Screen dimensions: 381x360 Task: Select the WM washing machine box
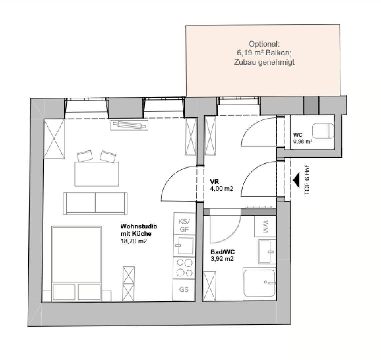tap(265, 226)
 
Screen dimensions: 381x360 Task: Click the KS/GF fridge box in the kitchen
tap(184, 224)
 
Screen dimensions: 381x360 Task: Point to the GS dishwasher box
tap(184, 290)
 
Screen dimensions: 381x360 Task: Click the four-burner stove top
tap(184, 268)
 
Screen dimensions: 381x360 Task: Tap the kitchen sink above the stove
tap(184, 246)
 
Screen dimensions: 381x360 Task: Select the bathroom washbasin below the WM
tap(267, 252)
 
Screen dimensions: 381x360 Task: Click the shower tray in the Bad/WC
tap(259, 283)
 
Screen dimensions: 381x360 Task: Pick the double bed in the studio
tap(77, 264)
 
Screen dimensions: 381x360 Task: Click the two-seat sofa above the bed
tap(95, 203)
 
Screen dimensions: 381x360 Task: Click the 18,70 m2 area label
tap(134, 241)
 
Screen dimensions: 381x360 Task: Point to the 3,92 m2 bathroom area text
tap(222, 259)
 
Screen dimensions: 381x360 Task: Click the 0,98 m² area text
tap(303, 141)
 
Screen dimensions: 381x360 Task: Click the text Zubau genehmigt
tap(264, 62)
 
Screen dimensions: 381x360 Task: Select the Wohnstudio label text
tap(139, 226)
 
